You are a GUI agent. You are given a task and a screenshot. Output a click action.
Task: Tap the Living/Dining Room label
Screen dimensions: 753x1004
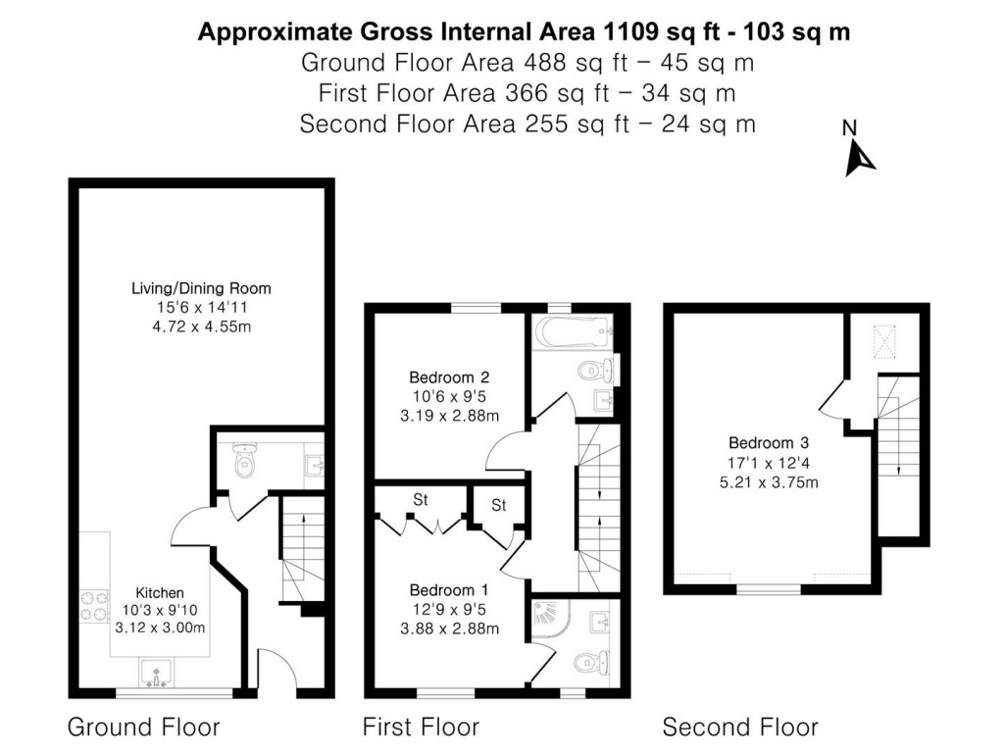201,288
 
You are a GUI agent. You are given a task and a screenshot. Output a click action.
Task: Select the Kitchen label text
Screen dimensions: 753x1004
160,592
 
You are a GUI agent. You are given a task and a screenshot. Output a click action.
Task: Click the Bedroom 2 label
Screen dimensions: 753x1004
449,377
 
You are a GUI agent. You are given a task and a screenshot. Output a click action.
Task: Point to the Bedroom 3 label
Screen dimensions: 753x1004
768,442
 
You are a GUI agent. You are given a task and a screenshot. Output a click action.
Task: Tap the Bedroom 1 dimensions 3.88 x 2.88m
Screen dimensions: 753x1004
449,627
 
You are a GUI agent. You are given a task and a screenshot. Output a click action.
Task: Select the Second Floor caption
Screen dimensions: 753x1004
740,728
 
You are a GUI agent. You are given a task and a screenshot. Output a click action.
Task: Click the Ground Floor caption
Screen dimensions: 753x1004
143,728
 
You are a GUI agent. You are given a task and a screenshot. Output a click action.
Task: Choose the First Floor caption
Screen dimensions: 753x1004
422,728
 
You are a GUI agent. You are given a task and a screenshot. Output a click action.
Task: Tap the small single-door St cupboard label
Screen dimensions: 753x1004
499,505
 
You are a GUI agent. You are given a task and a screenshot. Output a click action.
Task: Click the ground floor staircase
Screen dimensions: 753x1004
302,549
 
